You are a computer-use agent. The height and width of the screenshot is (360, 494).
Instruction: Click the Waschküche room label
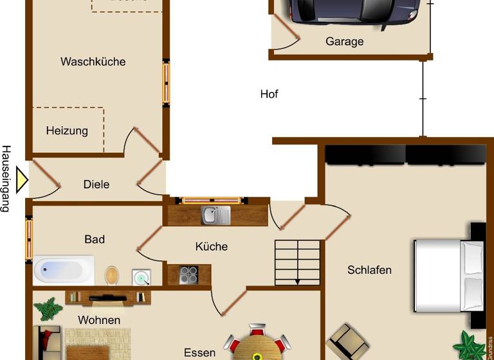[93, 62]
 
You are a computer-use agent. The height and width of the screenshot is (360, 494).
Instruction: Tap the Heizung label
[67, 130]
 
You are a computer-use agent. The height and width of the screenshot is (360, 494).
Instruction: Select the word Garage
[344, 42]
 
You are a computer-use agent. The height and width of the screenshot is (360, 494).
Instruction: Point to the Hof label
[269, 94]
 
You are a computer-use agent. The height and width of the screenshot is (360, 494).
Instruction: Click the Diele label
[96, 184]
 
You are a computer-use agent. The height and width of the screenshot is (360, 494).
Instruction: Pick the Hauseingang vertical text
[6, 178]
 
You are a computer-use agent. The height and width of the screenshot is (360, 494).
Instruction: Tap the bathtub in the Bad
[64, 271]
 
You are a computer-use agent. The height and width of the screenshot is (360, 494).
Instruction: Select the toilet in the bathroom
[113, 275]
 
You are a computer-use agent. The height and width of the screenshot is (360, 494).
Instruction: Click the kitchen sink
[215, 215]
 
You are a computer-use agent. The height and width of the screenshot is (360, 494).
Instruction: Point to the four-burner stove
[188, 275]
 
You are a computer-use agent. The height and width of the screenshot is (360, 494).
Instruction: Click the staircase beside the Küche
[297, 262]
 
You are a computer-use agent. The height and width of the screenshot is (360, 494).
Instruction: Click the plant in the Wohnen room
[48, 309]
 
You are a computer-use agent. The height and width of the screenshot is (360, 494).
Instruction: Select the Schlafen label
[369, 270]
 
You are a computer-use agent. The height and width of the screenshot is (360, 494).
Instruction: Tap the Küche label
[212, 246]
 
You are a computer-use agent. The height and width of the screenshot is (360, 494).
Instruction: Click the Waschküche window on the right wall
[166, 83]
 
